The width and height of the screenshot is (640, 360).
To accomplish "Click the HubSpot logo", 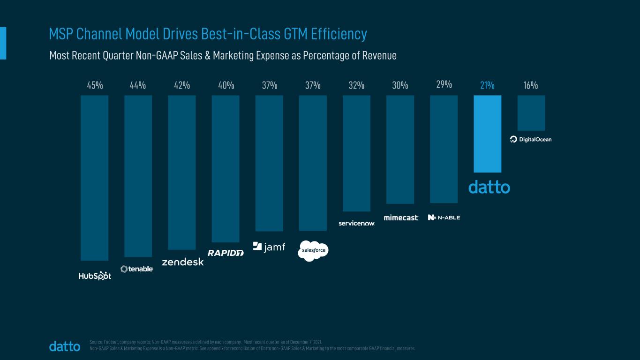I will coord(95,276).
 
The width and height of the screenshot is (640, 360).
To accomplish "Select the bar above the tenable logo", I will coord(138,176).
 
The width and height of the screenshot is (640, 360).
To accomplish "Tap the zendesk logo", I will coord(182,262).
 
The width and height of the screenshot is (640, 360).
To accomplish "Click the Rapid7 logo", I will coord(226,253).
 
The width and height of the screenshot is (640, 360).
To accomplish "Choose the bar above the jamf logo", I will coord(269,163).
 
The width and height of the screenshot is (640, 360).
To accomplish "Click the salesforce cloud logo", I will coord(313,251).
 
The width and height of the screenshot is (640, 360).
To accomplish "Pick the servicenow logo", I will coord(356,224).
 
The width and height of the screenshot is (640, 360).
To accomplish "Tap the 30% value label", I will coord(400,85).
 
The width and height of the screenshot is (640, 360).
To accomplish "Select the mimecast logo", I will coord(400,217).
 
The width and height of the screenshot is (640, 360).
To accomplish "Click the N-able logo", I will coord(444,217).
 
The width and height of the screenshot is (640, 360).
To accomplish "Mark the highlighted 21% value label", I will coord(487,85).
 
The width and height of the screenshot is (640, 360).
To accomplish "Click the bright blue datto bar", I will coord(487,134).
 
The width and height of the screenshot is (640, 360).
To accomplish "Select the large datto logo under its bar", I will coord(489,187).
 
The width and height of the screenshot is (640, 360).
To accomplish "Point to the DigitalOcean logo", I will coord(531,139).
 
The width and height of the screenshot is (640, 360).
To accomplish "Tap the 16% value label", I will coord(531,85).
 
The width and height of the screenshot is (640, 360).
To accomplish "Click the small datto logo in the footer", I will coord(65,346).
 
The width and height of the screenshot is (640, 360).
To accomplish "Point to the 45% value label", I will coord(95,85).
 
